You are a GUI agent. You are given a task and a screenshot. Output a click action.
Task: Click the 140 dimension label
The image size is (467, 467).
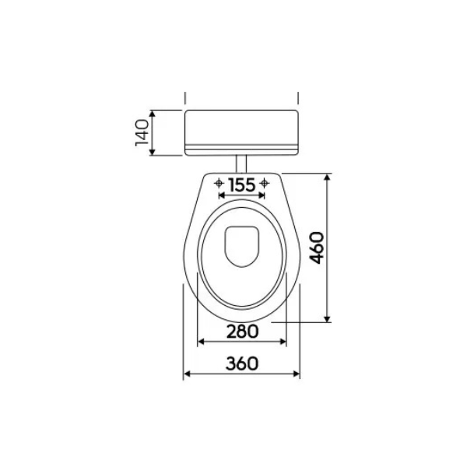[142, 132]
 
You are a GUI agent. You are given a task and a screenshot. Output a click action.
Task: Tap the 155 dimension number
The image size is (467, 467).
[242, 185]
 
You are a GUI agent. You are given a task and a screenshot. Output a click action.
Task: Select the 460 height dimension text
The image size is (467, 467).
[316, 248]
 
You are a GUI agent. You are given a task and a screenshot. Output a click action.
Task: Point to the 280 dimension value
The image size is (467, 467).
[242, 332]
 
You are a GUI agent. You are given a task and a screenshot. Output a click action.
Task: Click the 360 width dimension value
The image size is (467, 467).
[242, 363]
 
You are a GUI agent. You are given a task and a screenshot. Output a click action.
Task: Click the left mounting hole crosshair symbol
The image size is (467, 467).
[219, 183]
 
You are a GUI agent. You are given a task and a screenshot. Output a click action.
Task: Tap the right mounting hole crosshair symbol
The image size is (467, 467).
[264, 183]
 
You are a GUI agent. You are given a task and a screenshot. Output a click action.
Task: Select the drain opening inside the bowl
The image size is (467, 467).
[241, 247]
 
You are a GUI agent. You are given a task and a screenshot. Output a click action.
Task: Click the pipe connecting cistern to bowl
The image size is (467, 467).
[241, 163]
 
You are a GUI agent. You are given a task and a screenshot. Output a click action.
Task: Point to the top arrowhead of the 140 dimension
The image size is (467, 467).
[153, 114]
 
